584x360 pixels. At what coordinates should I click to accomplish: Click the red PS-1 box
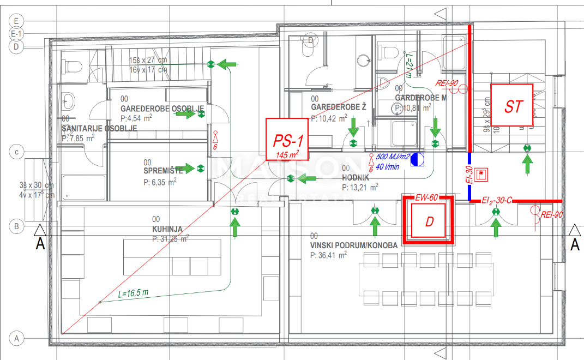click(287, 139)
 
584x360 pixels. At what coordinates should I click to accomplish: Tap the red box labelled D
click(429, 221)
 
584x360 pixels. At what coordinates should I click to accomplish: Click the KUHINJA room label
click(167, 230)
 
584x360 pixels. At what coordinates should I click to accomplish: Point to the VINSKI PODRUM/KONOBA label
click(353, 245)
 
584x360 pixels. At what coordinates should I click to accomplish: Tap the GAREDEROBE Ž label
click(338, 107)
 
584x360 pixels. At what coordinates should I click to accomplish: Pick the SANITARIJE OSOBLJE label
click(99, 128)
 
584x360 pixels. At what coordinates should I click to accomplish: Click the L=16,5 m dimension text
click(134, 293)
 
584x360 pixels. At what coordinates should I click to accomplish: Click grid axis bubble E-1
click(17, 33)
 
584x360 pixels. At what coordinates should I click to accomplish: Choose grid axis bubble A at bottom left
click(16, 338)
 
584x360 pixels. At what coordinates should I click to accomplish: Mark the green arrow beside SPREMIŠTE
click(186, 168)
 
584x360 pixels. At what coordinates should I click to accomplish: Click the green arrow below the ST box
click(527, 164)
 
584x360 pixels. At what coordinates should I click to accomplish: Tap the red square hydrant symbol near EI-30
click(481, 175)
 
